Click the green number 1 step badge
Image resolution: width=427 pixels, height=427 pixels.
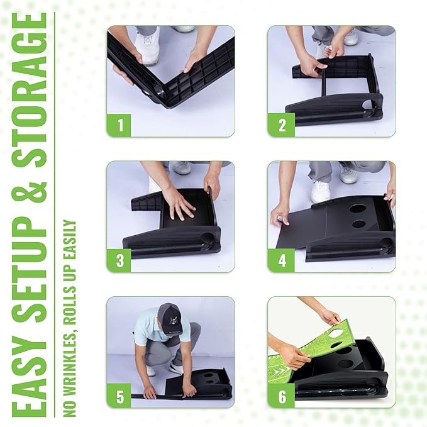(x=119, y=125)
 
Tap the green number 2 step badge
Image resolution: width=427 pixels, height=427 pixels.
(x=281, y=125)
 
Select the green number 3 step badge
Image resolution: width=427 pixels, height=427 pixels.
(x=119, y=260)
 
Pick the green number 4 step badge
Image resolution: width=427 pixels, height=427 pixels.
(x=281, y=260)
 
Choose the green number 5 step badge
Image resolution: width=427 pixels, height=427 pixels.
(x=119, y=396)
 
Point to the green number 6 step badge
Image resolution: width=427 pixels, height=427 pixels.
(x=281, y=396)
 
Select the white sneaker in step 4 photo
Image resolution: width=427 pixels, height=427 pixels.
(x=321, y=191)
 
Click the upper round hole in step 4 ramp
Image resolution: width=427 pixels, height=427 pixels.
(x=358, y=209)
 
